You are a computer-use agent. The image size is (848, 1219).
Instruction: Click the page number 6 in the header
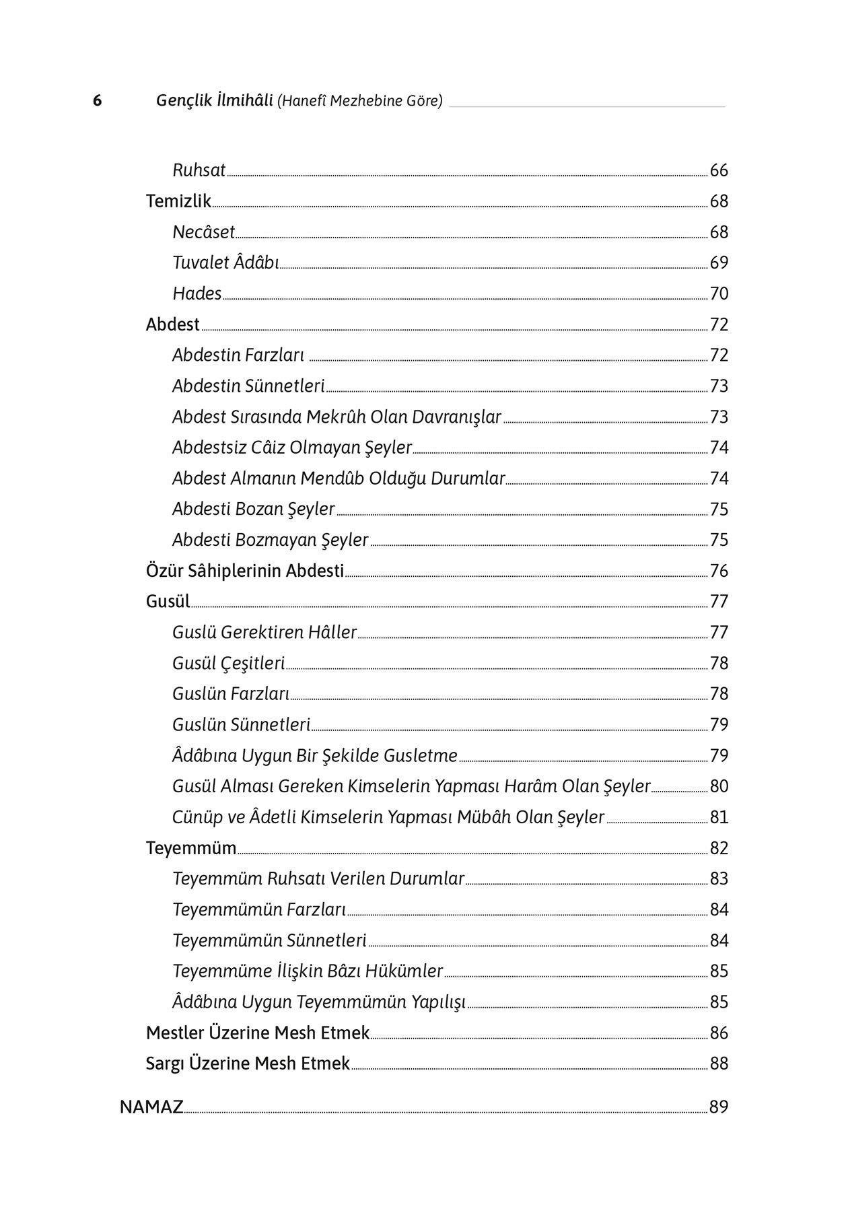pyautogui.click(x=98, y=101)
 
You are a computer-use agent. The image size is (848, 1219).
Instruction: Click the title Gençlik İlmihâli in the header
pyautogui.click(x=214, y=101)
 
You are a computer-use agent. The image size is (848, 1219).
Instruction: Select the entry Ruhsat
pyautogui.click(x=199, y=170)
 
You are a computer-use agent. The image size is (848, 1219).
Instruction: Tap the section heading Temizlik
pyautogui.click(x=178, y=201)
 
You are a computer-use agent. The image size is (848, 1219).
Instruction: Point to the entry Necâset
pyautogui.click(x=203, y=232)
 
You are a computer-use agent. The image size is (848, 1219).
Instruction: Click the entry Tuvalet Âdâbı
pyautogui.click(x=225, y=263)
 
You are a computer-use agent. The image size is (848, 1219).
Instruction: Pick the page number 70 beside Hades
pyautogui.click(x=719, y=293)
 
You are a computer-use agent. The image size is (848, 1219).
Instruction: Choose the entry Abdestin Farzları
pyautogui.click(x=238, y=355)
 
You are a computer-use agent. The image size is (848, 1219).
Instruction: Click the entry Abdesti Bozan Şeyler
pyautogui.click(x=253, y=509)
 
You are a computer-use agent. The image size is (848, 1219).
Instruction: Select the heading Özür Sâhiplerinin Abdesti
pyautogui.click(x=245, y=571)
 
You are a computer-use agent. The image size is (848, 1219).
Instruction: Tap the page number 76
pyautogui.click(x=719, y=571)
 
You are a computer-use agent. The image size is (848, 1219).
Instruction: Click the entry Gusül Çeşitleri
pyautogui.click(x=228, y=663)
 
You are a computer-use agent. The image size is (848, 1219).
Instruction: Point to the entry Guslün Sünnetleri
pyautogui.click(x=241, y=725)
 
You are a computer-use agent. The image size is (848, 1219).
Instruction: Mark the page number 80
pyautogui.click(x=719, y=786)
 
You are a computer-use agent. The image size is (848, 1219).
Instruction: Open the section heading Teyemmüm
pyautogui.click(x=191, y=848)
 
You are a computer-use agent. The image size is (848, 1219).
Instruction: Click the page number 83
pyautogui.click(x=719, y=878)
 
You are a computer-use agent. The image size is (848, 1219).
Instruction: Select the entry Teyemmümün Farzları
pyautogui.click(x=259, y=909)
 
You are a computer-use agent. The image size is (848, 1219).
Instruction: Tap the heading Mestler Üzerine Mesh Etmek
pyautogui.click(x=258, y=1033)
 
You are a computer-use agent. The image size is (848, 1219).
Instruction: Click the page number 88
pyautogui.click(x=719, y=1064)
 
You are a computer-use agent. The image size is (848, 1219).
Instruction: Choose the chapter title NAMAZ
pyautogui.click(x=151, y=1107)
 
